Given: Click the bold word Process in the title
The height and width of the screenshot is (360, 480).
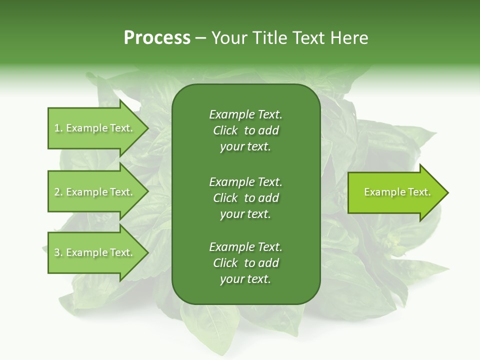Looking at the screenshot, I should click(157, 38).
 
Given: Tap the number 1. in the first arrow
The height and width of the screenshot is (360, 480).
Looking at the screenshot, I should click(58, 128).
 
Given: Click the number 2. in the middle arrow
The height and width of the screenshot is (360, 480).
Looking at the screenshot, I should click(58, 192).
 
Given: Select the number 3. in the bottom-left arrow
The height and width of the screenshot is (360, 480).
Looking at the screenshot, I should click(58, 252).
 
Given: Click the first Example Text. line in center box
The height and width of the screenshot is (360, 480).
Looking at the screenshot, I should click(245, 114).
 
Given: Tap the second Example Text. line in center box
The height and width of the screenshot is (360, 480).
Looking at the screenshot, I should click(245, 181).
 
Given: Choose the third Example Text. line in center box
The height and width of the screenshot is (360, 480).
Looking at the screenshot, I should click(245, 247).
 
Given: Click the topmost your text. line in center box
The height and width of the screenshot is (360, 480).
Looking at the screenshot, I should click(245, 147).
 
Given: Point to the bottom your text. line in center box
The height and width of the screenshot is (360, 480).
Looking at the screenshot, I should click(245, 279).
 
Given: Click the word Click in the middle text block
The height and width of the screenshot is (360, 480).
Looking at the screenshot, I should click(225, 198).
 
